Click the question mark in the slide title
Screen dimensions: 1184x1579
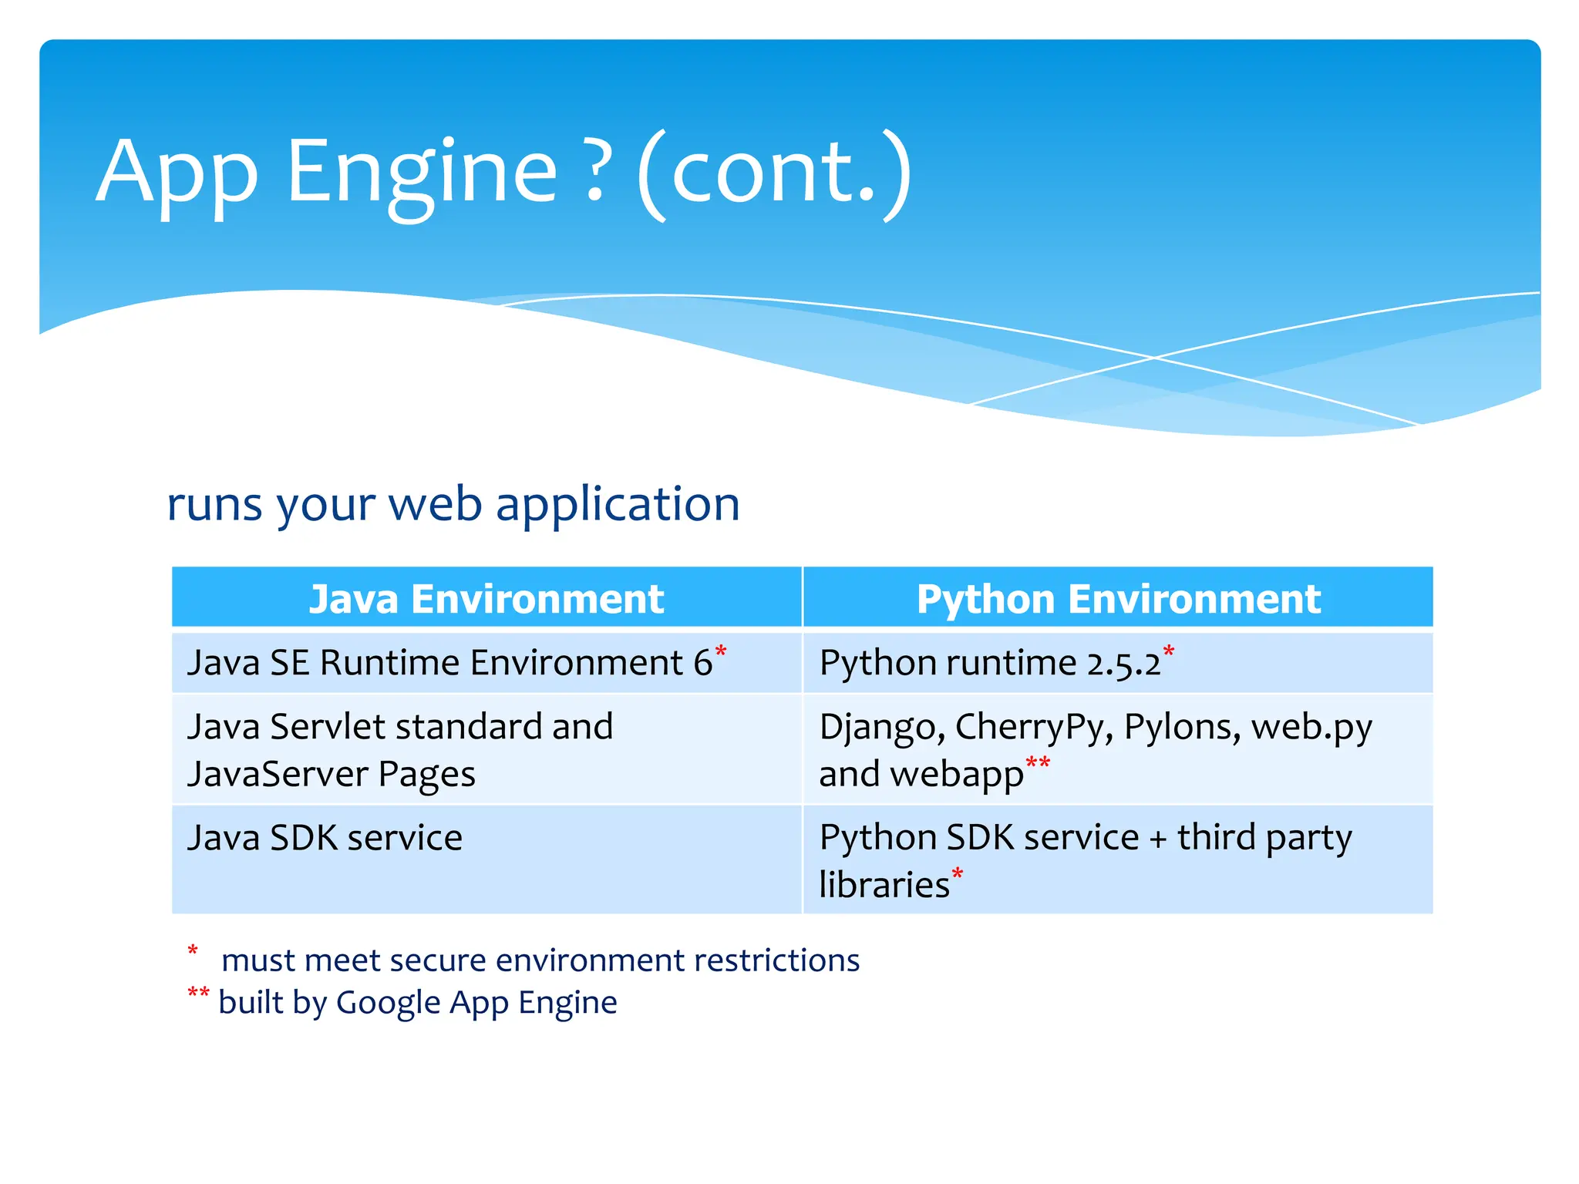(596, 171)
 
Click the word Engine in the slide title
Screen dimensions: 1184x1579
(421, 173)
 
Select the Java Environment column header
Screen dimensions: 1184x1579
(486, 599)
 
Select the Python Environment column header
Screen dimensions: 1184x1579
(1118, 599)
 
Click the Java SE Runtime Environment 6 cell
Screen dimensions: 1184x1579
(450, 663)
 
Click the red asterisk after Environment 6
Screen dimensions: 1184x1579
(721, 652)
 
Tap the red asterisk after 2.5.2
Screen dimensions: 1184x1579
(1169, 652)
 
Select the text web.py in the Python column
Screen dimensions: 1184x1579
(1311, 728)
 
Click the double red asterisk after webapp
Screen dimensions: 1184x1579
(1038, 763)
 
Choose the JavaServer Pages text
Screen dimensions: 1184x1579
(332, 774)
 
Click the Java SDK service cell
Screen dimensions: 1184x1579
(325, 838)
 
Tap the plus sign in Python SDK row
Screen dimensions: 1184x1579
(1157, 839)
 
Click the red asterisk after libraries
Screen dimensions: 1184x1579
(958, 873)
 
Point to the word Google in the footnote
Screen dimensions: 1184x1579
(388, 1003)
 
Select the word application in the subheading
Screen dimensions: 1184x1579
(618, 505)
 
